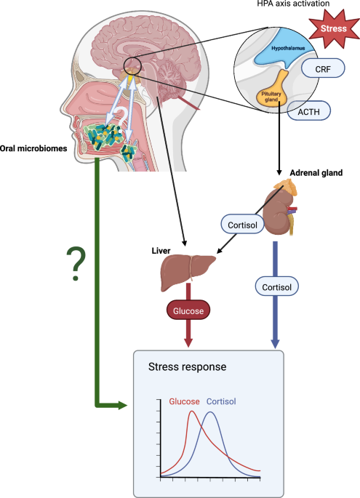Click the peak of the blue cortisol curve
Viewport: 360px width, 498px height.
coord(211,413)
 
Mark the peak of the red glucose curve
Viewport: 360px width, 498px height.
coord(192,411)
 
